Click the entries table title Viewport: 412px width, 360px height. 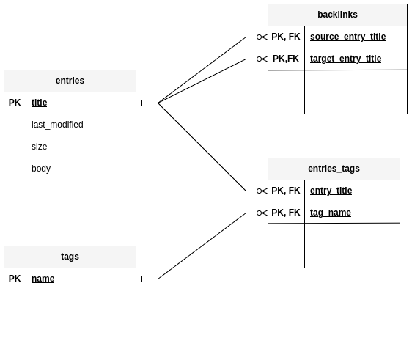coord(70,81)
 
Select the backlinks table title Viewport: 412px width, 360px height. coord(337,15)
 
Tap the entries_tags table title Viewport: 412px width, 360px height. coord(334,169)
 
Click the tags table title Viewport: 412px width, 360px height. coord(70,257)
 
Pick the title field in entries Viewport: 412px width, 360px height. coord(39,103)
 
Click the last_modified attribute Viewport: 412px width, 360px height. coord(57,125)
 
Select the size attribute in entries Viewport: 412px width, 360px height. coord(39,147)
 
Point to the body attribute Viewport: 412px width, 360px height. coord(41,169)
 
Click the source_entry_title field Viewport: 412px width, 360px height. coord(347,37)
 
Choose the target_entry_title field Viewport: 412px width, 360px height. coord(345,59)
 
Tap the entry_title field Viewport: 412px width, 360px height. coord(331,191)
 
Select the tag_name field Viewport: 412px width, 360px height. coord(330,213)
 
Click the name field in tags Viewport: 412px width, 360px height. coord(43,279)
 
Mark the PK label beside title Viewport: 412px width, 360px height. coord(15,103)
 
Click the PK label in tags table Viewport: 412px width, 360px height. coord(15,279)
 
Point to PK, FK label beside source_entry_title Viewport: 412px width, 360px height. coord(286,37)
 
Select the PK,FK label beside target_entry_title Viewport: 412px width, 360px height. coord(286,59)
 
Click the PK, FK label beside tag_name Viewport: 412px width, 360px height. coord(286,213)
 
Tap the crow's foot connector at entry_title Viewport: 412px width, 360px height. coord(262,191)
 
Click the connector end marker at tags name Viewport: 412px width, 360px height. coord(141,279)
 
